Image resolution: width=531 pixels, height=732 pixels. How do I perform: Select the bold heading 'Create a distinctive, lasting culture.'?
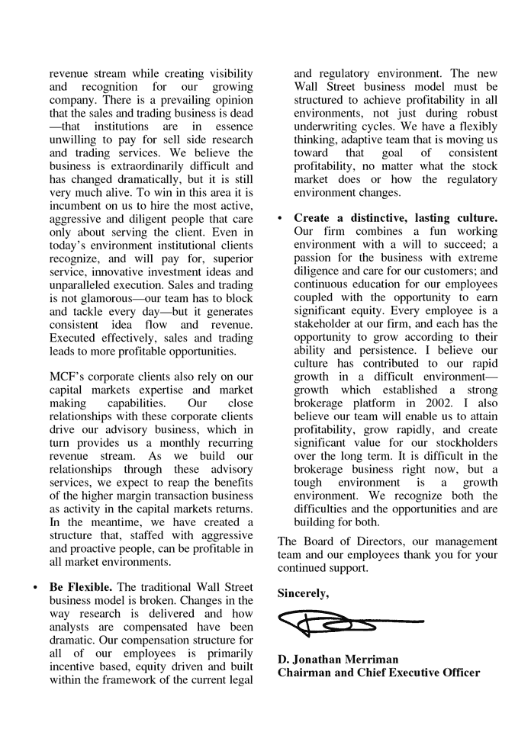[x=395, y=218]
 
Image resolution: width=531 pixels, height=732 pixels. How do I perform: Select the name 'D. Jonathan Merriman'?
[x=337, y=659]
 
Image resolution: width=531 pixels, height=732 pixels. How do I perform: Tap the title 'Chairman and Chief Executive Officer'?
[x=378, y=673]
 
